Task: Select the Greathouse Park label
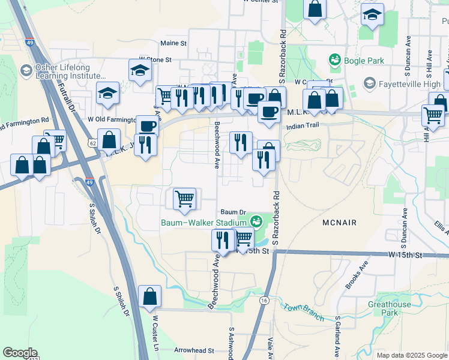[x=390, y=308]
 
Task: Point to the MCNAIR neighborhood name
[x=339, y=223]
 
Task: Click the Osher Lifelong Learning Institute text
[x=62, y=72]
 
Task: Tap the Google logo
[x=20, y=353]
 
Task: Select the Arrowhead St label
[x=194, y=350]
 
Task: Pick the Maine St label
[x=174, y=43]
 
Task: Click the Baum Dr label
[x=234, y=212]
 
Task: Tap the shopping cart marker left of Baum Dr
[x=184, y=198]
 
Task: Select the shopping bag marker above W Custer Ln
[x=149, y=296]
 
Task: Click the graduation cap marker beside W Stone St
[x=140, y=70]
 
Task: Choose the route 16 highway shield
[x=264, y=299]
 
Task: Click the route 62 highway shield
[x=92, y=143]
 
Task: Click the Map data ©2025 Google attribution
[x=411, y=355]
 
